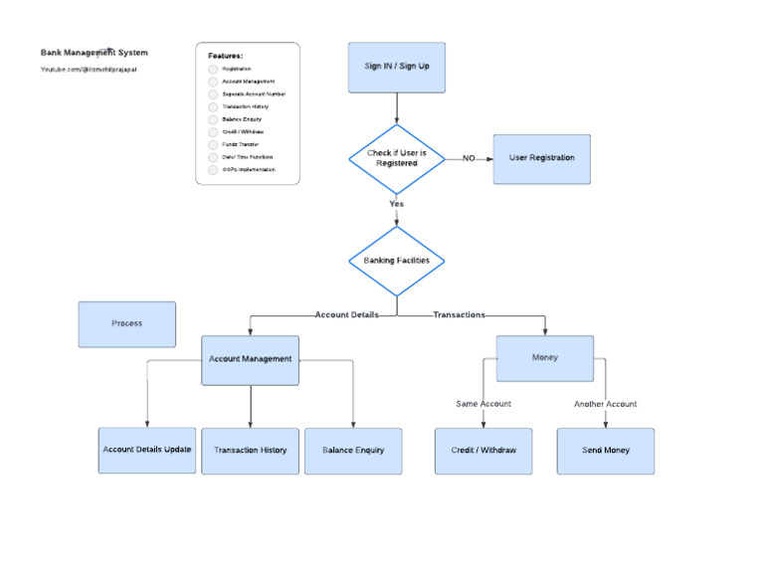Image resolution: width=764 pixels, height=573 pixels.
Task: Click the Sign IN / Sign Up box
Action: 396,67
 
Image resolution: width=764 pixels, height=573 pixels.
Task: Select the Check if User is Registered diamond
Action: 397,158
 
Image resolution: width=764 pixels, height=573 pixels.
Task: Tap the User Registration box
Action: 541,158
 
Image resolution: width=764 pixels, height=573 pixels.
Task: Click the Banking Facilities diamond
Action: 397,261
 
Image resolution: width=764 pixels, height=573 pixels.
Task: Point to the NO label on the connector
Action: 469,158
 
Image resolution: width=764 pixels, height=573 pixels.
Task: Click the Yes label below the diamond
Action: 397,204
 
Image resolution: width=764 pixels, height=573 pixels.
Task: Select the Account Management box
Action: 250,359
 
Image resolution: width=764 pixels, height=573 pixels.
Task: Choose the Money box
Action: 544,358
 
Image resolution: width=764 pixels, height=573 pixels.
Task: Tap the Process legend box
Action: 126,324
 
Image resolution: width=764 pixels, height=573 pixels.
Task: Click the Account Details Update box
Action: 146,451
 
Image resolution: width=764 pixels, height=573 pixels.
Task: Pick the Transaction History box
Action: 250,451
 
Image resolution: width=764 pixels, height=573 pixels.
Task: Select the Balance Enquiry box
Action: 353,451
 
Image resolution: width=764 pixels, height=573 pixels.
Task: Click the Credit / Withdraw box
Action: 483,451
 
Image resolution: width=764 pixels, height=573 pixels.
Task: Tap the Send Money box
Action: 605,451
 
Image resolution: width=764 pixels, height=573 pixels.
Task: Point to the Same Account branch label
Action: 483,404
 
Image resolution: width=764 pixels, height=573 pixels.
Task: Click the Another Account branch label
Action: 605,404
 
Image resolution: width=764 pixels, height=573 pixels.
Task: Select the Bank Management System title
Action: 94,52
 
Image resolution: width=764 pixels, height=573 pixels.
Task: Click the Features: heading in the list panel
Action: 225,56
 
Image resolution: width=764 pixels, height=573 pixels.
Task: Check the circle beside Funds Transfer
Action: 213,144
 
